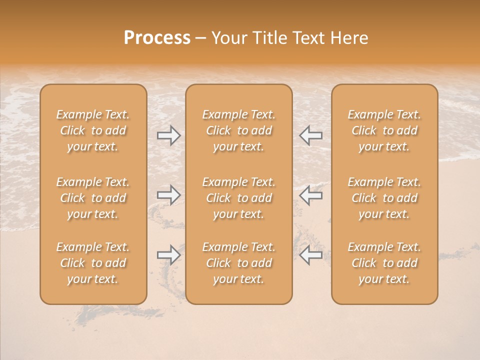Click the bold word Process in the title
click(x=157, y=38)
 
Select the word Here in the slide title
click(x=349, y=38)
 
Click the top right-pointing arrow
click(x=169, y=135)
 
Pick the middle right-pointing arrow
click(x=169, y=195)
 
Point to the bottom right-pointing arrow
click(x=169, y=255)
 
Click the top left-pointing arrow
click(x=310, y=135)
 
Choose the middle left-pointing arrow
click(x=310, y=195)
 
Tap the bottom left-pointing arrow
click(x=310, y=255)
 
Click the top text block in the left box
click(x=93, y=130)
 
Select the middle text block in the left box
click(x=93, y=198)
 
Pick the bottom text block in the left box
click(x=93, y=263)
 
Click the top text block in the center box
click(x=238, y=130)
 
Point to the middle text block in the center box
click(x=238, y=198)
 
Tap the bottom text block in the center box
click(x=238, y=263)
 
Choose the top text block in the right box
click(x=384, y=130)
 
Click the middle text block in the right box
click(x=384, y=198)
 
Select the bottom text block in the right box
click(x=384, y=263)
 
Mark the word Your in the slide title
click(x=227, y=38)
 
